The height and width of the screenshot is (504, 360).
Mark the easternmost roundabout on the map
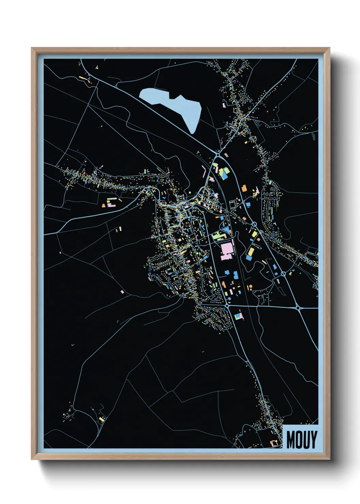(x=298, y=308)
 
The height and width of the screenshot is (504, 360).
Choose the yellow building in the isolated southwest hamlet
(x=101, y=419)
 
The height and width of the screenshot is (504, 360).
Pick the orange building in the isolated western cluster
(x=104, y=205)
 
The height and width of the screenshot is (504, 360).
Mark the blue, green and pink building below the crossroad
(x=239, y=316)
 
